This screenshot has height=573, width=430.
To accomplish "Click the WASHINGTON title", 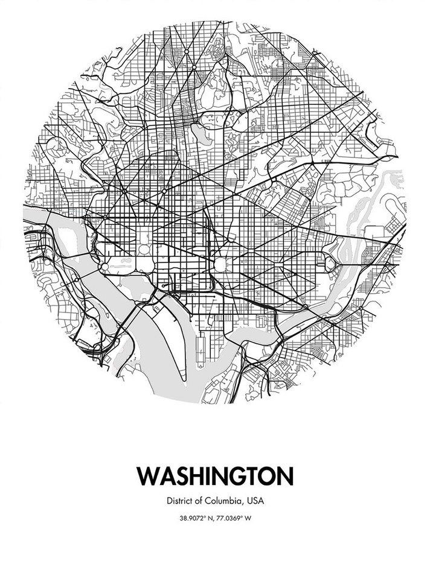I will [215, 476].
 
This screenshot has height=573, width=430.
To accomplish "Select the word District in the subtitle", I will [179, 501].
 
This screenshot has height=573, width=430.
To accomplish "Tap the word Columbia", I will [222, 501].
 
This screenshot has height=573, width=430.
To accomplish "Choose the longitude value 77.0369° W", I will [236, 518].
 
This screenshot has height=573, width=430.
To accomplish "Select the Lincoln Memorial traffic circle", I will [104, 266].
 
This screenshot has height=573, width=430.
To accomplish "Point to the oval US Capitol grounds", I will [220, 264].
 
